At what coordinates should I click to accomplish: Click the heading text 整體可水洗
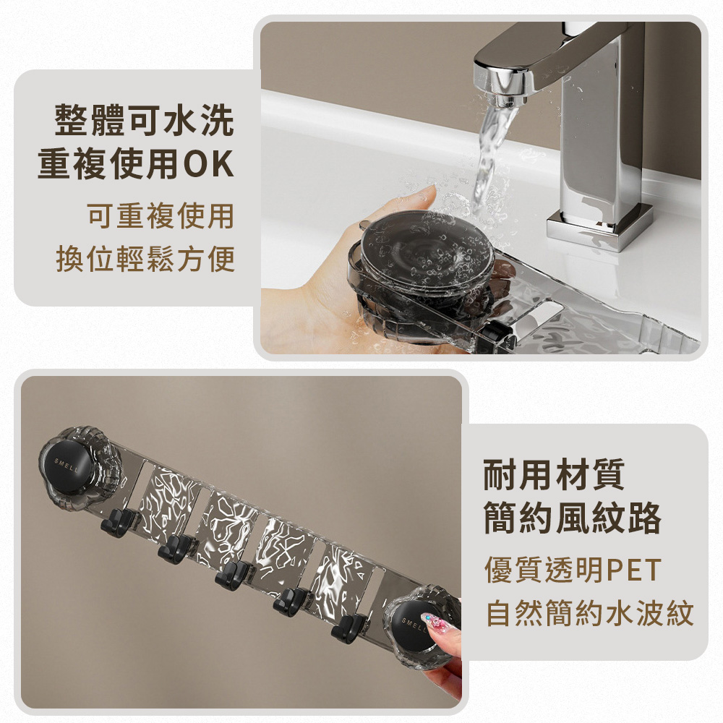coord(145,120)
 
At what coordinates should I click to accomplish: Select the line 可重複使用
coord(161,215)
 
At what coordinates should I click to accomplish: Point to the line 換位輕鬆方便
coord(146,259)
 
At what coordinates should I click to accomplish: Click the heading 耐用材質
coord(554,474)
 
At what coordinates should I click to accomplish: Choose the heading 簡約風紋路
coord(572,518)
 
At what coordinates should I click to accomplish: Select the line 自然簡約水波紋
coord(590,613)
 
